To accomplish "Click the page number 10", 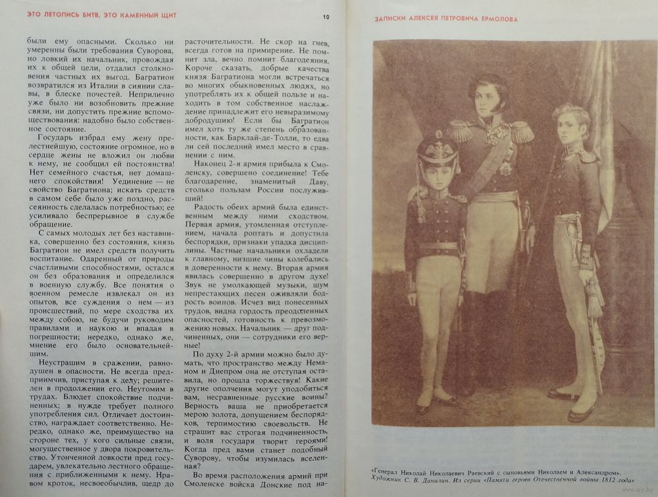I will point(326,17).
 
